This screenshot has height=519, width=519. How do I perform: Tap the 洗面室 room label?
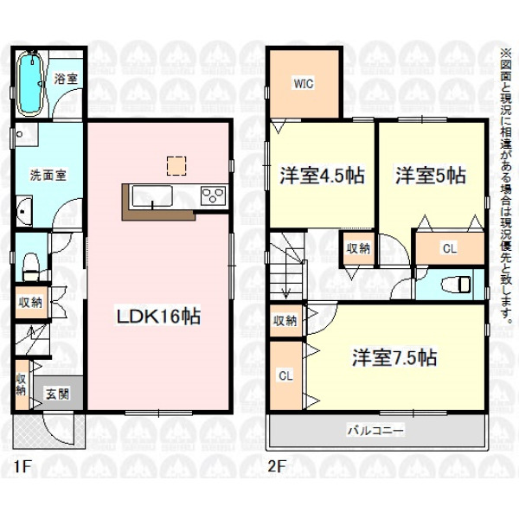click(x=48, y=175)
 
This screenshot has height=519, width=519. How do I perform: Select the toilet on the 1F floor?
click(x=31, y=267)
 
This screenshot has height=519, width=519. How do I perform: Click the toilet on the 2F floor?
click(x=460, y=285)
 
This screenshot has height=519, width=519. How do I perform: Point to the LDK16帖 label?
click(x=158, y=317)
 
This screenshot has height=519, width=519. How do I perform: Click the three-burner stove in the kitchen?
click(x=213, y=195)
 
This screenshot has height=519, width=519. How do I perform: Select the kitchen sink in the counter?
click(x=152, y=196)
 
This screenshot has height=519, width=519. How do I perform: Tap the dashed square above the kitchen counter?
click(x=176, y=166)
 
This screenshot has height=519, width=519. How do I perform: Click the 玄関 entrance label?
click(x=57, y=394)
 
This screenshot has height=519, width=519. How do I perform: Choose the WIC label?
click(x=304, y=83)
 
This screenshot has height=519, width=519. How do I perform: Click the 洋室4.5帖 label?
click(x=322, y=176)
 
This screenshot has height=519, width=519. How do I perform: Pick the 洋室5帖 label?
click(x=431, y=176)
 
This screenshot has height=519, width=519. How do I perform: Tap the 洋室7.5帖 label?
click(x=394, y=357)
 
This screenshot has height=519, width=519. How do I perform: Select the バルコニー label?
click(x=375, y=431)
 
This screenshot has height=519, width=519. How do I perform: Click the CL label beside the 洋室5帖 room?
click(x=450, y=248)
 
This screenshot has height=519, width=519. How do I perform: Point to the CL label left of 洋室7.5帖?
click(x=285, y=375)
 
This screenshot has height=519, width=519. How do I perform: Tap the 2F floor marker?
click(x=277, y=467)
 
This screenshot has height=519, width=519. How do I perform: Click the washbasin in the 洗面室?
click(x=24, y=210)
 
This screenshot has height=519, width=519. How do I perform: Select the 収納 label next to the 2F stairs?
click(x=358, y=248)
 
